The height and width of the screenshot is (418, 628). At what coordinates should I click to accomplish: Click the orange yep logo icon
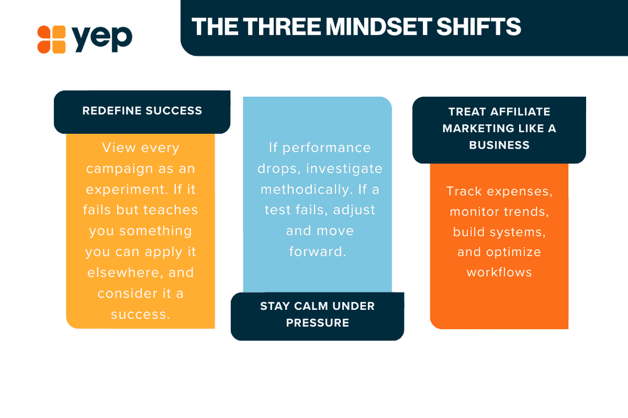click(51, 39)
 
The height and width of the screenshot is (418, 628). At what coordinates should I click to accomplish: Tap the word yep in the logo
click(102, 38)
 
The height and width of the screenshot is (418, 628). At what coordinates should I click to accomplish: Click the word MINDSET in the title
click(379, 27)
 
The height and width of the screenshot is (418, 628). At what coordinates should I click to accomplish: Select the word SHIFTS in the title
click(478, 27)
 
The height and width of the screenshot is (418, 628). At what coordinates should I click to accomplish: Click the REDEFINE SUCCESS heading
click(142, 111)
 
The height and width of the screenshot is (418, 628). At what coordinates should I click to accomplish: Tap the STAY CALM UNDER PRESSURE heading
click(318, 315)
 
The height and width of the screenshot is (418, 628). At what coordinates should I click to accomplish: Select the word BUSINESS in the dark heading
click(499, 145)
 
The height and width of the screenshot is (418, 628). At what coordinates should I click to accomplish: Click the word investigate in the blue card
click(345, 169)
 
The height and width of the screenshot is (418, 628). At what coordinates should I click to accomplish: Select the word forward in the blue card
click(317, 251)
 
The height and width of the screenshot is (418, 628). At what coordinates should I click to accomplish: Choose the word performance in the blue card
click(327, 149)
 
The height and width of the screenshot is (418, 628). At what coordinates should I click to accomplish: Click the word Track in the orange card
click(464, 191)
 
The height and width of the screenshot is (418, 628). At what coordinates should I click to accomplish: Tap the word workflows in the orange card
click(499, 272)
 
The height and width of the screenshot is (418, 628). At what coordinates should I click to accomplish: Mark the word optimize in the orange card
click(513, 253)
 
